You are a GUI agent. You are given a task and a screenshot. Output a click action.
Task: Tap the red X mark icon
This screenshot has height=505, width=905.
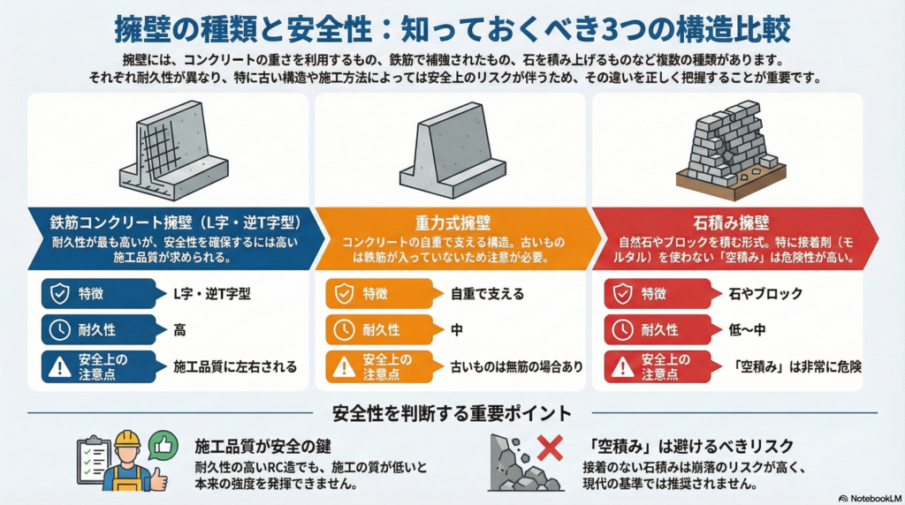[550, 448]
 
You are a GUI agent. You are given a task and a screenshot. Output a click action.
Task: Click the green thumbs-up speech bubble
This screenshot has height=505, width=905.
[164, 443]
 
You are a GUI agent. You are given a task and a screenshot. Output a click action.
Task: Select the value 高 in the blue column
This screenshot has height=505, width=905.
[179, 330]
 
